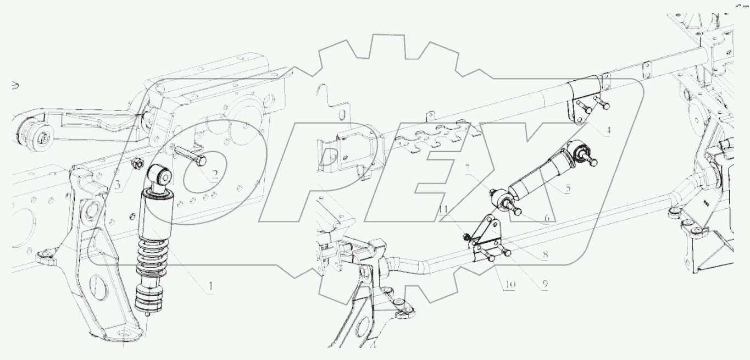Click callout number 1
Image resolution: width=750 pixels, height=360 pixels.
[210, 286]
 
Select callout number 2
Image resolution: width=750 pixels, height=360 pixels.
[215, 174]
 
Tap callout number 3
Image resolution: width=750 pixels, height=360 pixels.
[117, 185]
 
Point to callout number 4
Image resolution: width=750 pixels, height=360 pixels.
[608, 130]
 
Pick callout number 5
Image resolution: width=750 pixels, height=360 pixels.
[568, 188]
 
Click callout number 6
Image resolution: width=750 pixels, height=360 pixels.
[547, 218]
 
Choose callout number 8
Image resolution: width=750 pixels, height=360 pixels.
[545, 254]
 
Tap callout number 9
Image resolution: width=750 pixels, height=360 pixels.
[545, 284]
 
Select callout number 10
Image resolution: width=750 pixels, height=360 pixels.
[509, 285]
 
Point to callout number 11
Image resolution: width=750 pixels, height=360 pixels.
[443, 210]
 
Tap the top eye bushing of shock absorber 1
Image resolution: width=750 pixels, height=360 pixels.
[160, 174]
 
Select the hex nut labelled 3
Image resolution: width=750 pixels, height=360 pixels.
[138, 164]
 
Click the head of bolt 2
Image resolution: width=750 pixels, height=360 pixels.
[202, 162]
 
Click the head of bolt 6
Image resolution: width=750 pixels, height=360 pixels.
[517, 211]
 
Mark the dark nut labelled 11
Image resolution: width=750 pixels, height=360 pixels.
[465, 237]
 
